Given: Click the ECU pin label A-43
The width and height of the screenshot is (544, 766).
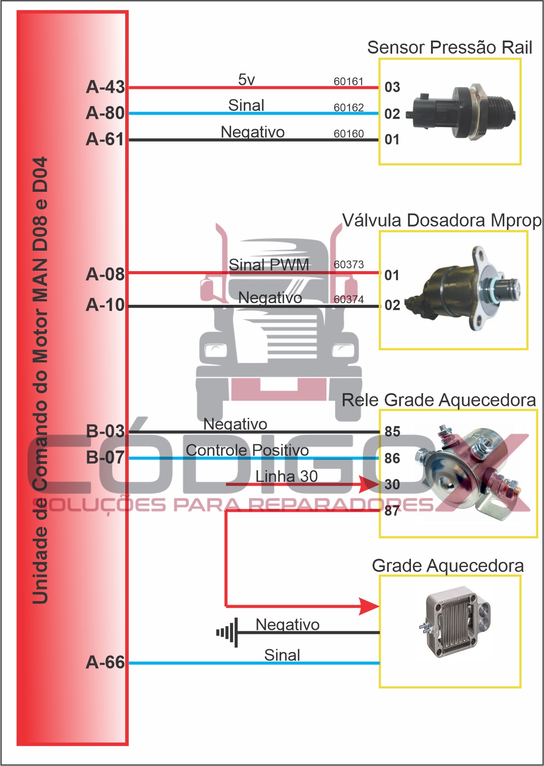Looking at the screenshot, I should [106, 87].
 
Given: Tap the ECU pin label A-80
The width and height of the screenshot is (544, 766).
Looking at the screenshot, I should [106, 113].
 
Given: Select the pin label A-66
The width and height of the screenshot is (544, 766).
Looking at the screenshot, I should [106, 663].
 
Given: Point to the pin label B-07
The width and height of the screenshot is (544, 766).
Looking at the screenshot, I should [106, 458].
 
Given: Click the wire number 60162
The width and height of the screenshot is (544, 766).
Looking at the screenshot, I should [349, 108].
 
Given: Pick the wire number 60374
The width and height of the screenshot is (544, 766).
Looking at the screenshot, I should [349, 300].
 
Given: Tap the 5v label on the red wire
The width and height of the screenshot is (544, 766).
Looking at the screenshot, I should [246, 80].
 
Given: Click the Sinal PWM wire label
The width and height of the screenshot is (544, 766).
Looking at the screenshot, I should [269, 265].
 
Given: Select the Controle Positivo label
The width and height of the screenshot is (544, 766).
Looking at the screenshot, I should [247, 450].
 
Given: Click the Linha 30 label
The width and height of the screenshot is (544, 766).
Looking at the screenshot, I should [286, 477].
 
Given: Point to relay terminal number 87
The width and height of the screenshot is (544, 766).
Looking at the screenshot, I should [392, 511].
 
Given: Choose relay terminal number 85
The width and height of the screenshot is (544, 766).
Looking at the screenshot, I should [392, 432].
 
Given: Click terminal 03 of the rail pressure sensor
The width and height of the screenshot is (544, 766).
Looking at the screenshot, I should [392, 87].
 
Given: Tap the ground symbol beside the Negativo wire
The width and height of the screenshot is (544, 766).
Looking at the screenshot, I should [227, 632].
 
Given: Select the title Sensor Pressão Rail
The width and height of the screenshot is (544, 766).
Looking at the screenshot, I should [449, 48].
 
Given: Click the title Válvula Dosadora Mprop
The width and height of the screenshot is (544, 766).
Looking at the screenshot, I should [441, 221].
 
